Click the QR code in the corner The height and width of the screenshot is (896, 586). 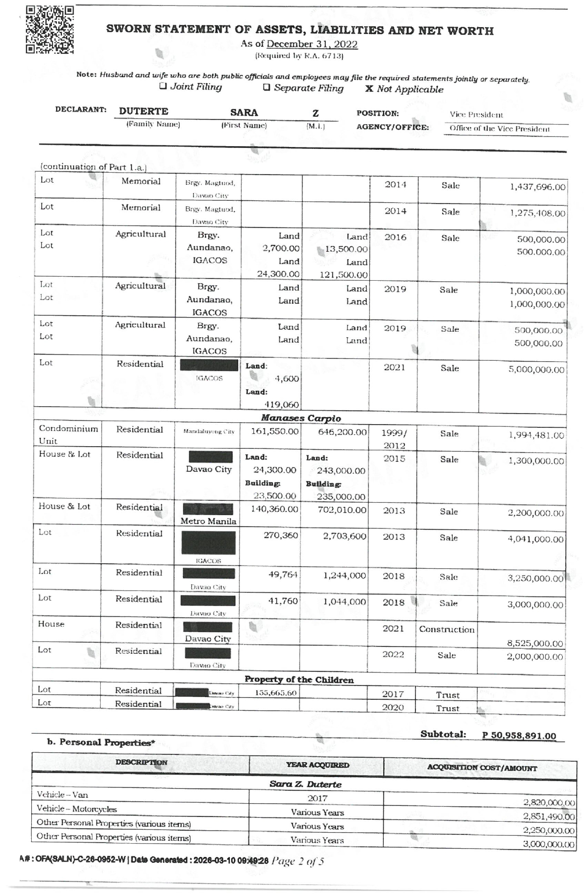tap(50, 30)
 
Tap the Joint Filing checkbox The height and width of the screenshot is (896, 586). tap(163, 86)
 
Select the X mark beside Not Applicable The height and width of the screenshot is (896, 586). tap(369, 89)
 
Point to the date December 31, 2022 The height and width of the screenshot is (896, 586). tap(312, 44)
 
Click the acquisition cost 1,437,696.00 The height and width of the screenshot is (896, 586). tap(537, 187)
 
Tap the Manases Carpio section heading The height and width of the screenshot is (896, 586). tap(301, 418)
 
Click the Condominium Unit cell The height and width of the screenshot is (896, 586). tap(68, 435)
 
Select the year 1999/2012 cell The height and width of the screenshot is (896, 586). tap(394, 439)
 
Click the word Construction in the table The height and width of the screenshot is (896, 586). tap(446, 629)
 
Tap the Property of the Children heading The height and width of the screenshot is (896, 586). tap(299, 680)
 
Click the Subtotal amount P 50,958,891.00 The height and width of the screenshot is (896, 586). tap(519, 736)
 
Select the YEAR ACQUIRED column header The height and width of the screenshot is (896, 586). tap(317, 765)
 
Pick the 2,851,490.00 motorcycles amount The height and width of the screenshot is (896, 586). tap(549, 817)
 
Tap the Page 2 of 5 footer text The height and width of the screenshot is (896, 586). tap(298, 861)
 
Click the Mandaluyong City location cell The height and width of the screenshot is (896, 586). tap(209, 431)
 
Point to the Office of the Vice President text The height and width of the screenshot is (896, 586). tap(500, 129)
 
